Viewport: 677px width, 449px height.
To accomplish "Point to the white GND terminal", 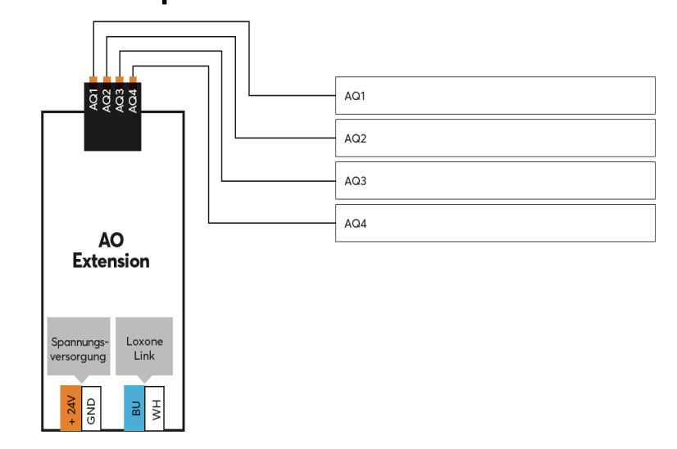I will pyautogui.click(x=92, y=407).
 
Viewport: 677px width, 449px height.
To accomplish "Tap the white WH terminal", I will pyautogui.click(x=156, y=407).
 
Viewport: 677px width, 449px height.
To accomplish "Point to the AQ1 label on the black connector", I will pyautogui.click(x=94, y=100).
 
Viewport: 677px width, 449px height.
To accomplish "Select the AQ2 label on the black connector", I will pyautogui.click(x=107, y=100).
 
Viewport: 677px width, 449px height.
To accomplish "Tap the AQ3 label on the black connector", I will pyautogui.click(x=120, y=100).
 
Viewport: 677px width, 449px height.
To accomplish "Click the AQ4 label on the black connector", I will pyautogui.click(x=133, y=100).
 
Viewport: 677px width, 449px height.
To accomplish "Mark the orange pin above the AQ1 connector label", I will pyautogui.click(x=94, y=79).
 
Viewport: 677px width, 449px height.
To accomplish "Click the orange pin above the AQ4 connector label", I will pyautogui.click(x=133, y=79).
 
